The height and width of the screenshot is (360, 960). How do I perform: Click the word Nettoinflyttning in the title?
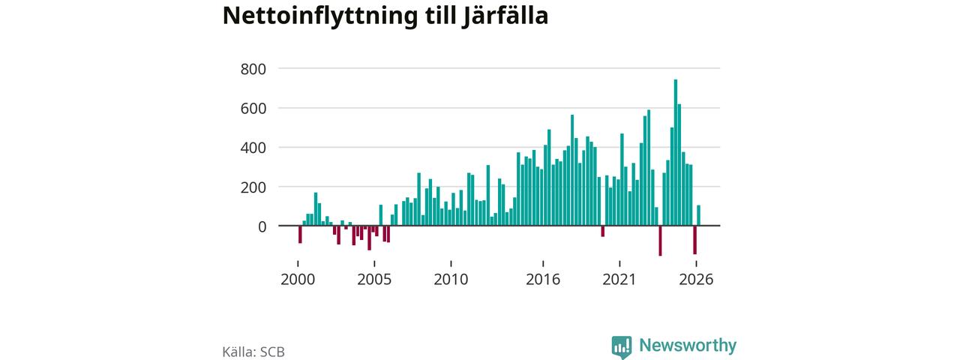320,16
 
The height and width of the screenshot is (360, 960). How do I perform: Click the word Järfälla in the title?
505,16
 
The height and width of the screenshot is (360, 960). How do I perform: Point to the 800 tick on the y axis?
253,69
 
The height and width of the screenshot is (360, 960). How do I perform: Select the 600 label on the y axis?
253,109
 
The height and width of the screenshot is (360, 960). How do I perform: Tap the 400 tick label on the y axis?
253,148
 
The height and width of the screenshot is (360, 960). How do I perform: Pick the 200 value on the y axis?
253,187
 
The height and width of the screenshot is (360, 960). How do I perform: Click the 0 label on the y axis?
262,226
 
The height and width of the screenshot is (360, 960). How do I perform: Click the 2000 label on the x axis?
298,280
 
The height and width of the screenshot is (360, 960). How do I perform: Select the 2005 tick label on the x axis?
374,280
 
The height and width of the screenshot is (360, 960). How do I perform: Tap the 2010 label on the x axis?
451,280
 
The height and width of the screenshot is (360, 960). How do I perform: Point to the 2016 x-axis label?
543,280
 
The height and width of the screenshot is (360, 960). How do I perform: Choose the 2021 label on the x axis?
619,280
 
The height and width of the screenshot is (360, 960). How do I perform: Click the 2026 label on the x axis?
696,280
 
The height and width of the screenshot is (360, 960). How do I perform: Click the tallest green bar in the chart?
676,152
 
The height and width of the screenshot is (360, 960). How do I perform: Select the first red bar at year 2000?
300,235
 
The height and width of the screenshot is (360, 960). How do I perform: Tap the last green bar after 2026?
698,215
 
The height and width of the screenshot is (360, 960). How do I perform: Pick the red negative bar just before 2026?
694,240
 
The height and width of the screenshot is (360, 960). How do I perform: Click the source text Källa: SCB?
253,352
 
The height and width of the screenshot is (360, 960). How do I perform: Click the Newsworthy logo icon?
622,347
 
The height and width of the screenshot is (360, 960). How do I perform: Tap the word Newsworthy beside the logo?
688,345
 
